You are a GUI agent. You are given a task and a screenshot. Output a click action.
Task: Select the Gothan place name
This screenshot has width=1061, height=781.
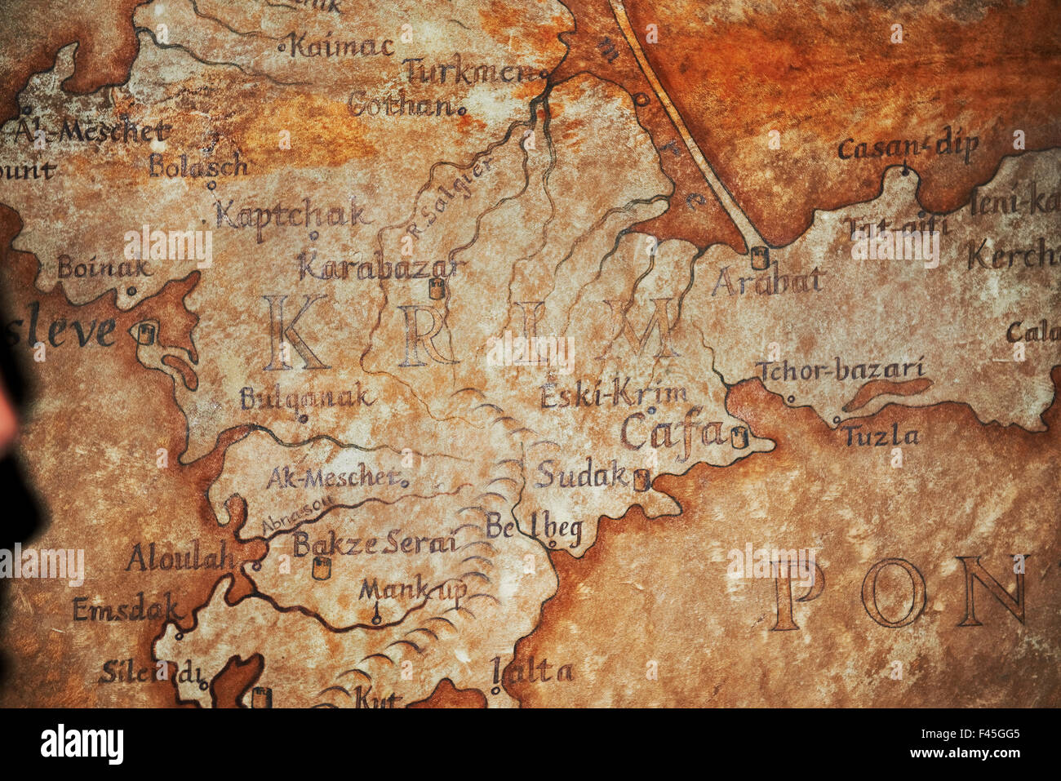[x=402, y=105]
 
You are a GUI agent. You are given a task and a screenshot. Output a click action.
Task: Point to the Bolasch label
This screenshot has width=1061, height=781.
[x=198, y=166]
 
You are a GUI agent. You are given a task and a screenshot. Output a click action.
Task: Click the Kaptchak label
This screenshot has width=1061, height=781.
[x=291, y=215]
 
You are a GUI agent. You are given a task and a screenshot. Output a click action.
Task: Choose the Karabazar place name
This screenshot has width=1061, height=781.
[x=380, y=267]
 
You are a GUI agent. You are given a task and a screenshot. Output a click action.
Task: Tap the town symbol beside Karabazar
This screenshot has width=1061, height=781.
[x=437, y=289]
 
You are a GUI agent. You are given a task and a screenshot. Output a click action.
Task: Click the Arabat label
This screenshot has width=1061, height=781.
[x=767, y=282]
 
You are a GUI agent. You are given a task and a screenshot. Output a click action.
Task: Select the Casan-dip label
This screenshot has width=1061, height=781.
[x=908, y=148]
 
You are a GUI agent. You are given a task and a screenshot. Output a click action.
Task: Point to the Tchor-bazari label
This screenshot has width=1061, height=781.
[x=840, y=371]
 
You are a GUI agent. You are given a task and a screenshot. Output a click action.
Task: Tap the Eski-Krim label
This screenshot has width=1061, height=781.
[x=613, y=395]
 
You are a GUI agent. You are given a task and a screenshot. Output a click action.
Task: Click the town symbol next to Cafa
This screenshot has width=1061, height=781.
[x=739, y=437]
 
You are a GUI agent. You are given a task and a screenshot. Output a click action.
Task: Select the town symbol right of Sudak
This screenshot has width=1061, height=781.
[x=641, y=480]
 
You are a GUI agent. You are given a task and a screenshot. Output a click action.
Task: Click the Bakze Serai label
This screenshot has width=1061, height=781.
[x=375, y=544]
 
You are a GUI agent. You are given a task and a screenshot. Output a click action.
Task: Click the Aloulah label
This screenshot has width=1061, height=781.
[x=180, y=559]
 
